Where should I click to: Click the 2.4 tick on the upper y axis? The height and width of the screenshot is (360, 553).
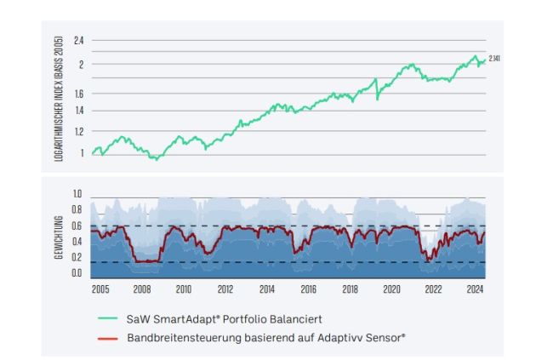tap(79, 41)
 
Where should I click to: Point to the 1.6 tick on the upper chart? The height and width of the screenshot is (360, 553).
tap(79, 94)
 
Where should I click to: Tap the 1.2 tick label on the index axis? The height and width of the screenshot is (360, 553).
tap(79, 131)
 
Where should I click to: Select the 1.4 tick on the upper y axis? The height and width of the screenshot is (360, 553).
tap(79, 111)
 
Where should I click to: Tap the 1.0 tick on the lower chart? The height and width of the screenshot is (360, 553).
tap(77, 196)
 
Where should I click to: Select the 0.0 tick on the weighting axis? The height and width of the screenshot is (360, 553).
tap(77, 274)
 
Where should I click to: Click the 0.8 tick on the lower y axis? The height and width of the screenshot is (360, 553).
tap(77, 210)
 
